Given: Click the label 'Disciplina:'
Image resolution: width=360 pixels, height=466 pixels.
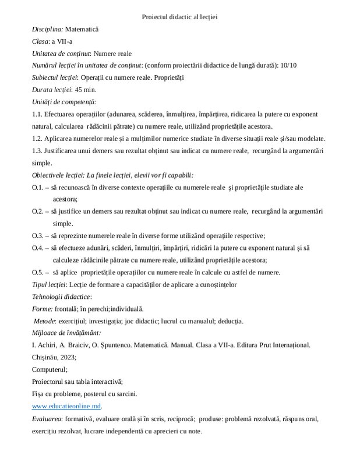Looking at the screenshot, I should (48, 29).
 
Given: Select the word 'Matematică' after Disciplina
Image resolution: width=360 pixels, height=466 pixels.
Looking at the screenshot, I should (83, 29).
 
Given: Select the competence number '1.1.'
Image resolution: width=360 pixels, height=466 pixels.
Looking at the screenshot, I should (38, 114).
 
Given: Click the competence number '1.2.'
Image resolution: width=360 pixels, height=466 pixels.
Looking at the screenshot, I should (38, 139).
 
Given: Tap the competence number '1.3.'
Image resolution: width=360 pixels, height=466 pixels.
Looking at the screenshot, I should (38, 151).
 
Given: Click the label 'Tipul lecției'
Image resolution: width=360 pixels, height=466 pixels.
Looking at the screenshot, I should (49, 284).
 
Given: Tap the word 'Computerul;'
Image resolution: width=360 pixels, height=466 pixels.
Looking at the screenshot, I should (50, 369).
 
